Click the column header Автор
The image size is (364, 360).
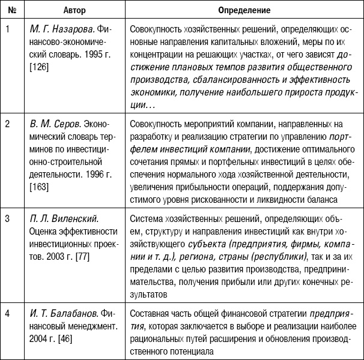[x=70, y=11]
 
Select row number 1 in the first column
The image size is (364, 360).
[x=7, y=28]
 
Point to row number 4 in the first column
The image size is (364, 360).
[x=7, y=313]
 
